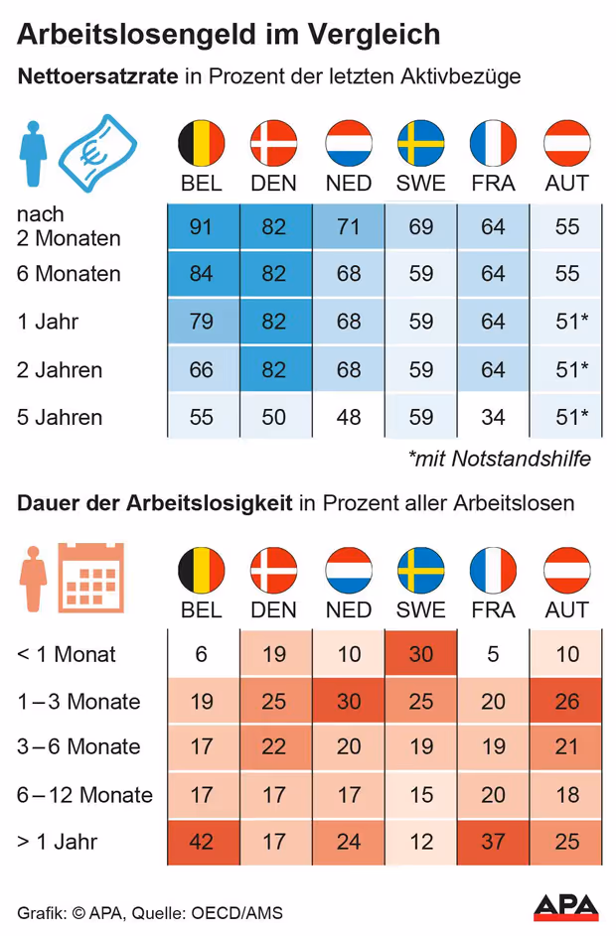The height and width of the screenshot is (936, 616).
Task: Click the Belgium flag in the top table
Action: coord(202,143)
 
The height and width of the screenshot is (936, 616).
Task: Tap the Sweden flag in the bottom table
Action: coord(421,570)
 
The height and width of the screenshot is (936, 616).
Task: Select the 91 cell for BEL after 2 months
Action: coord(202,227)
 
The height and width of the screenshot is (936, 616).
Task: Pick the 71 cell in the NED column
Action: coord(349,227)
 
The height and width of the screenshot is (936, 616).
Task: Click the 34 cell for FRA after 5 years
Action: coord(494,417)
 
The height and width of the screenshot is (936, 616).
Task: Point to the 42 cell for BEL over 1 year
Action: coord(202,843)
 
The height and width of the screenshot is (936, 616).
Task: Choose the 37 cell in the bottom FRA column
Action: coord(494,843)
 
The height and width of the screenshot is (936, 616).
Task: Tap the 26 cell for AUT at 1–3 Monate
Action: coord(567,702)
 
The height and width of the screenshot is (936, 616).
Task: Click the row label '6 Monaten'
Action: coord(69,274)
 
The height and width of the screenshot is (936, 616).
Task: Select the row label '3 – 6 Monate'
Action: coord(78,747)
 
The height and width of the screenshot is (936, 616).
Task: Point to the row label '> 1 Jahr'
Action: coord(58,843)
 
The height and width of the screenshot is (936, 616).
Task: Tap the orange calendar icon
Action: coord(91,578)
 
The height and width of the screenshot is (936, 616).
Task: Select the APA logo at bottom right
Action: coord(566,906)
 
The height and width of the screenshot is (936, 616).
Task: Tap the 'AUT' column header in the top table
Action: coord(567,184)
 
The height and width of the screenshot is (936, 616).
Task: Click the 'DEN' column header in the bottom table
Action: coord(273,609)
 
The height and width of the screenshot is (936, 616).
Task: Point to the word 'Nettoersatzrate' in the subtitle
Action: coord(96,77)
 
